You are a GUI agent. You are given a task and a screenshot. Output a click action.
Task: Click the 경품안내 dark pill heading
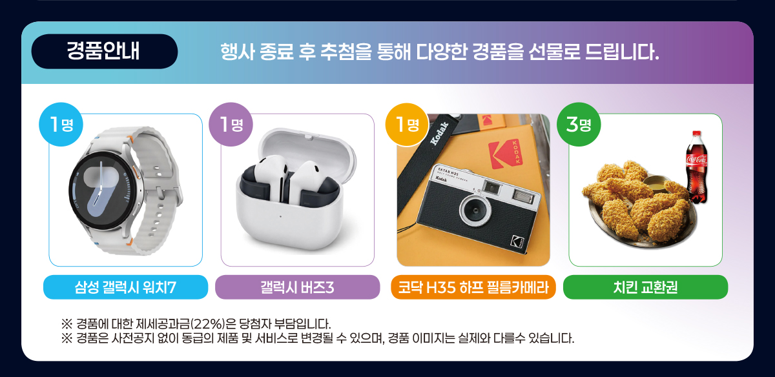coord(105,51)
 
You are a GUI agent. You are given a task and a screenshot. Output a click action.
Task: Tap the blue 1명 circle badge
coord(61,124)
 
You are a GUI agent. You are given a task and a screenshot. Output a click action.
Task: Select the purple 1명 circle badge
coord(231,124)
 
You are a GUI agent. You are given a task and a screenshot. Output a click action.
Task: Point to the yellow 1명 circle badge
coord(408,125)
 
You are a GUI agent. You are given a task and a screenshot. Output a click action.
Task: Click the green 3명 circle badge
coord(579,124)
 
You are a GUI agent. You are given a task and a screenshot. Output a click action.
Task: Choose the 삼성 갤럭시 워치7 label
coord(125,287)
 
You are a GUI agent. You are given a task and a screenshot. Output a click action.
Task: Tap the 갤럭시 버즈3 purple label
coord(298,287)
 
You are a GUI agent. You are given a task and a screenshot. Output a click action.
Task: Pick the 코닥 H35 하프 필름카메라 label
coord(473,287)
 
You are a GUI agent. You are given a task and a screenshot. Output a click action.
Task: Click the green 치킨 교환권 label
coord(646,287)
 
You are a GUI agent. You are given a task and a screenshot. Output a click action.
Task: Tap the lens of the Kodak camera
coord(475,210)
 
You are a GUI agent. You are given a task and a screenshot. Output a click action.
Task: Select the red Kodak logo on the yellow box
coord(506,154)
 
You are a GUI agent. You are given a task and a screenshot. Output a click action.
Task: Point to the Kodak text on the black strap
coord(439,134)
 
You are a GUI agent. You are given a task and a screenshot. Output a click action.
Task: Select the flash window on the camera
coord(522,196)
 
